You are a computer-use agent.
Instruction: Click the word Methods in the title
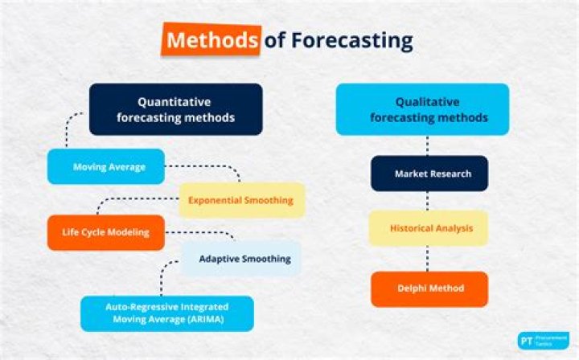coord(211,39)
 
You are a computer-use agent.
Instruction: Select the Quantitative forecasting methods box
coord(175,109)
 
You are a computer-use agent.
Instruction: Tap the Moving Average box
coord(106,167)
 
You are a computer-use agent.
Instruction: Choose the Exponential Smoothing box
coord(241,199)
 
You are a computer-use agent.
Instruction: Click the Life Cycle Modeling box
coord(105,232)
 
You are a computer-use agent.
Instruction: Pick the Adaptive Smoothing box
coord(240,259)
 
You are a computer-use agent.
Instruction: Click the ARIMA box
coord(166,313)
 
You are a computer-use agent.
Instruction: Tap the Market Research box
coord(429,174)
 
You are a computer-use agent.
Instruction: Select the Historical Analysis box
coord(428,228)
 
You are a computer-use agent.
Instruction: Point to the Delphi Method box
coord(429,288)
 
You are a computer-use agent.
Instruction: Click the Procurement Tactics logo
coord(543,340)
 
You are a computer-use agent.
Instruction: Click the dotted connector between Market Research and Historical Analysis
coord(428,201)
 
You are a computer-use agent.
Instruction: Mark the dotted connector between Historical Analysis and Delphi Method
coord(428,259)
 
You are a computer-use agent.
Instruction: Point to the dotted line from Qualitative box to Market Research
coord(428,145)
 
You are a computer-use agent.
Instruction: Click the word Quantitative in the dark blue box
coord(175,102)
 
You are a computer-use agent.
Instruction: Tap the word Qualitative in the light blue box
coord(428,102)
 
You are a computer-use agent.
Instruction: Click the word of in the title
coord(274,39)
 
